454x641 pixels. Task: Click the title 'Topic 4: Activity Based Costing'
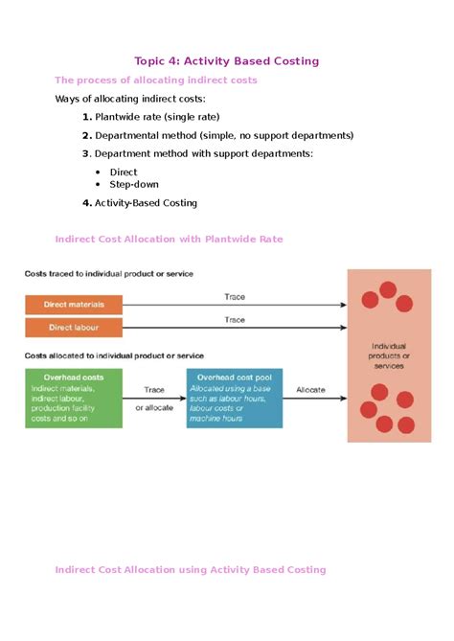tap(227, 61)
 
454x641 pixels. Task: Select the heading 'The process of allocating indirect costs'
tap(156, 80)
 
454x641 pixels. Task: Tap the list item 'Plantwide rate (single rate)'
tap(157, 117)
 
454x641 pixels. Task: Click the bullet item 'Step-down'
tap(134, 184)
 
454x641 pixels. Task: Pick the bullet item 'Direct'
tap(124, 172)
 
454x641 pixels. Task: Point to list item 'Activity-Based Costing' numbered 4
tap(146, 203)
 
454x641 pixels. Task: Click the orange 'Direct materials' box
tap(74, 305)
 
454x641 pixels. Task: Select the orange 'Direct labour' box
tap(74, 328)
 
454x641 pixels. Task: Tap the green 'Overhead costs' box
tap(74, 399)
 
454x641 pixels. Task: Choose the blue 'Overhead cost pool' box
tap(235, 399)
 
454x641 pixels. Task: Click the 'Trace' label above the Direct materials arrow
tap(235, 297)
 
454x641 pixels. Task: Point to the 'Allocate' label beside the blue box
tap(310, 390)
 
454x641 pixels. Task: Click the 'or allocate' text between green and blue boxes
tap(154, 407)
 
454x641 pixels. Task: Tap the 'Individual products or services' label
tap(389, 356)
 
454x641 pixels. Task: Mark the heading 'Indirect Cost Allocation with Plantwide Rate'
tap(170, 240)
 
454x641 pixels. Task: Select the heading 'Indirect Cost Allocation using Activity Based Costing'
tap(191, 570)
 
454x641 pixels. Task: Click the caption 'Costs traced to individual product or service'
tap(108, 274)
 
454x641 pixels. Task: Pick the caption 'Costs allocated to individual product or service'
tap(114, 355)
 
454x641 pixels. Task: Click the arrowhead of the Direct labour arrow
tap(344, 328)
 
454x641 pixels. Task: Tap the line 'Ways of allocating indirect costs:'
tap(130, 99)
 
